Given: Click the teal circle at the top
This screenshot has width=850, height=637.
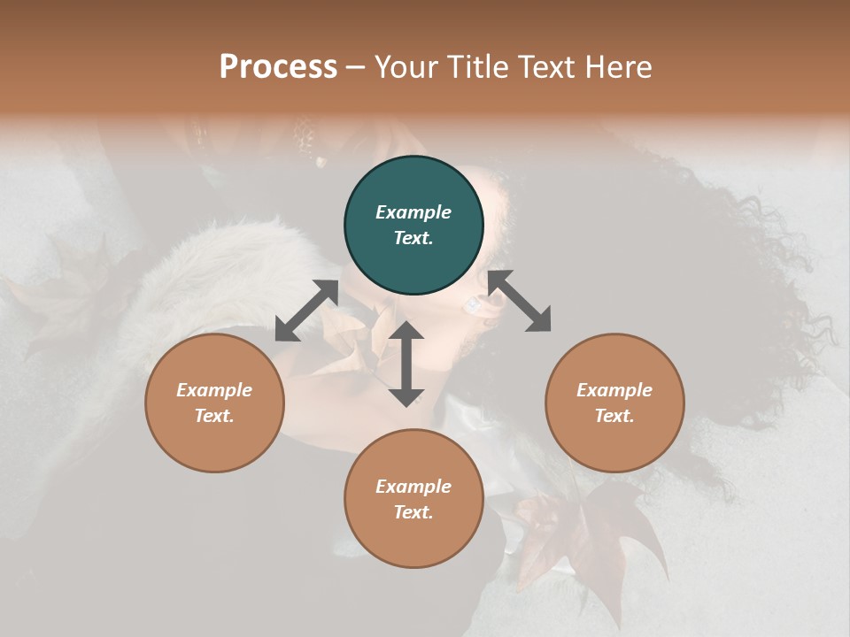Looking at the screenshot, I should click(x=413, y=226).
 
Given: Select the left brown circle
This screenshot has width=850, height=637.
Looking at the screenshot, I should click(x=214, y=403).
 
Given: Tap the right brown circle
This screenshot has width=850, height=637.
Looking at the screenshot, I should click(x=614, y=403).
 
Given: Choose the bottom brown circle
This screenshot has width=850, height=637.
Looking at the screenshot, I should click(x=413, y=499).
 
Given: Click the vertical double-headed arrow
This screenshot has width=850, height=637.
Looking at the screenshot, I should click(x=406, y=364).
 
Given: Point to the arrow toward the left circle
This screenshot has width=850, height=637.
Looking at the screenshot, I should click(x=306, y=311).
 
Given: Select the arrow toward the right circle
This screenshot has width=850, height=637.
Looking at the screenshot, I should click(x=520, y=301).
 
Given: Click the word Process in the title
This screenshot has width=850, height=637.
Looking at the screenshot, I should click(x=278, y=66).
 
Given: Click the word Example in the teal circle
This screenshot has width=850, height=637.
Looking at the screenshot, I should click(x=413, y=212).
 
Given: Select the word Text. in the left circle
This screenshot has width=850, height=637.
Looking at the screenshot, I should click(x=214, y=416).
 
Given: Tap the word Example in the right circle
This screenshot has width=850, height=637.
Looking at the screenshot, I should click(x=614, y=390).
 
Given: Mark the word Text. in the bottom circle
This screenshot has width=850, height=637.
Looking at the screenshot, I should click(x=413, y=512).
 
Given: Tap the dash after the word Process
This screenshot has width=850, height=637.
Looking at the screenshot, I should click(x=356, y=67).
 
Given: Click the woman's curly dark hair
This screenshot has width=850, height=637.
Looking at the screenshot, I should click(x=708, y=265).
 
